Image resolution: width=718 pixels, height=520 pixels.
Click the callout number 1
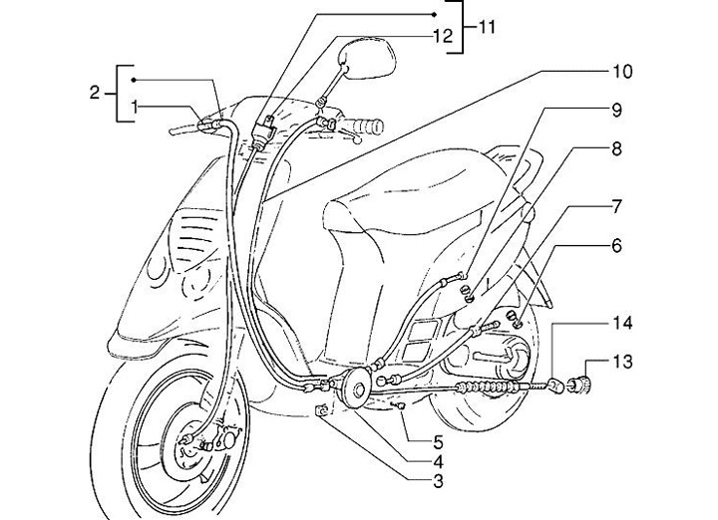click(133, 106)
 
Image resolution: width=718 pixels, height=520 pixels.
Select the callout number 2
click(95, 93)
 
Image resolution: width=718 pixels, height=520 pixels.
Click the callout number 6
click(617, 244)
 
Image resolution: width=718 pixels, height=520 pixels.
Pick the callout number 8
click(617, 149)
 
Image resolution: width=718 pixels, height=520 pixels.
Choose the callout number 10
click(619, 72)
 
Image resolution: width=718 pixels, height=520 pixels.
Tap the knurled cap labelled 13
click(580, 380)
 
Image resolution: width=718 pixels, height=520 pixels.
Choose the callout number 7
click(617, 206)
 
